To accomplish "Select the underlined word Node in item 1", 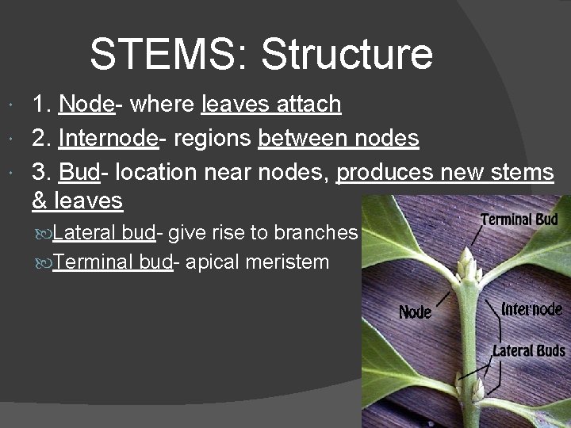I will click(x=86, y=105).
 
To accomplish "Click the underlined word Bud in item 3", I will click(x=78, y=174).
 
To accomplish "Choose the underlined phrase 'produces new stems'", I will click(x=445, y=174).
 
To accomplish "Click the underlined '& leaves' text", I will click(x=77, y=201).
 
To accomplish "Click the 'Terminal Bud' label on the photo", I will click(x=519, y=220).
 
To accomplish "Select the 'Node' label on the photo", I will click(x=414, y=311).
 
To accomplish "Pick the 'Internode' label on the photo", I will click(x=532, y=308).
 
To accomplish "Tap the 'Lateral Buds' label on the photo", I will click(x=529, y=350).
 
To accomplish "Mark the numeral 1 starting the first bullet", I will click(x=38, y=105).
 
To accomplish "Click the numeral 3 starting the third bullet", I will click(x=39, y=174).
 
